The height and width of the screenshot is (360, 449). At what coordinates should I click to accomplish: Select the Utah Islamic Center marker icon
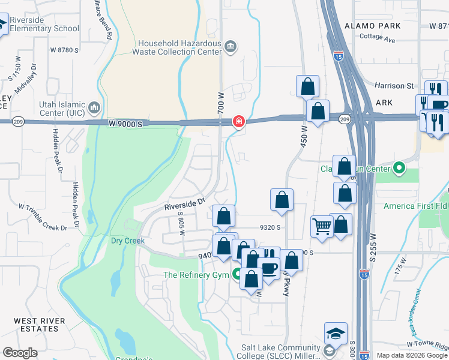(x=94, y=108)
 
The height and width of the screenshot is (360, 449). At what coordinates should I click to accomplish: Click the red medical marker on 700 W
(x=238, y=122)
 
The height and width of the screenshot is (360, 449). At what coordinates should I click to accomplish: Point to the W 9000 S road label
(x=126, y=123)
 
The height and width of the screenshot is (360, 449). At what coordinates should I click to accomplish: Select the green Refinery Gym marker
(x=238, y=276)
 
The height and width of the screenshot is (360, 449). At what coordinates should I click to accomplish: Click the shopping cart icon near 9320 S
(x=322, y=227)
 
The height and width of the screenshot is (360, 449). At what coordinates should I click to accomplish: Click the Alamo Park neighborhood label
(x=373, y=26)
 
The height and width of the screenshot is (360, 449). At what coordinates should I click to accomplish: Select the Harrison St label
(x=395, y=86)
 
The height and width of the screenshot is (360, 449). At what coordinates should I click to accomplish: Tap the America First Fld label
(x=415, y=206)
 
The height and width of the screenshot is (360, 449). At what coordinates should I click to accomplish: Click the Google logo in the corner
(x=20, y=353)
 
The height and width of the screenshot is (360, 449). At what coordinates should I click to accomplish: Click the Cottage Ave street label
(x=378, y=40)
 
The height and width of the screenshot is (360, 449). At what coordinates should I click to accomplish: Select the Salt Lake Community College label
(x=280, y=347)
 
